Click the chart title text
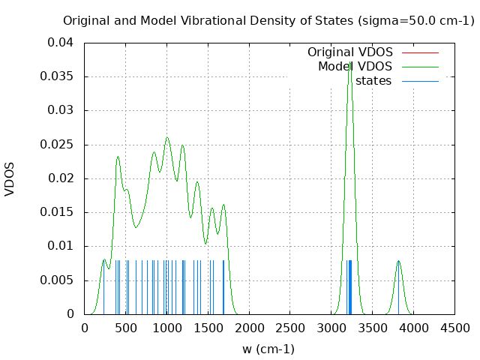(268, 20)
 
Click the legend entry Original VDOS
(350, 52)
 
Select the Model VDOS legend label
(355, 67)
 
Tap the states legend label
(373, 81)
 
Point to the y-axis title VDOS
(10, 178)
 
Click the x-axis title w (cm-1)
(268, 349)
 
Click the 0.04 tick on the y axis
(60, 43)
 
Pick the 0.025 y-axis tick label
(57, 144)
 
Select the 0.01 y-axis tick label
(60, 246)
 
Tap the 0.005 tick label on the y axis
(57, 280)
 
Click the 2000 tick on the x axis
(249, 328)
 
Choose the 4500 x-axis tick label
(454, 328)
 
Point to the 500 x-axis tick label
(125, 328)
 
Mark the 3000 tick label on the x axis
(331, 328)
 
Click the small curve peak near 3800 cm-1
(398, 261)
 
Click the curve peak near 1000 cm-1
(167, 138)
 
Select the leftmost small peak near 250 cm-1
(104, 259)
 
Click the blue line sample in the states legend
(420, 81)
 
